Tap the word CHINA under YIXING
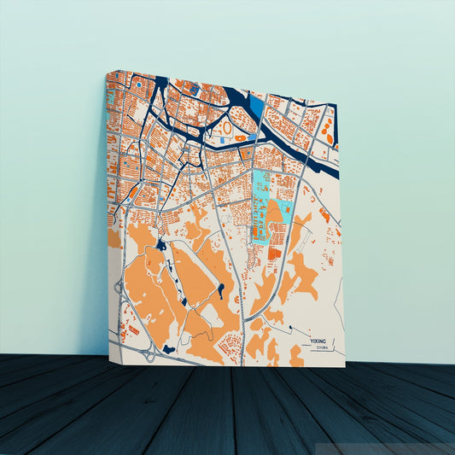322,348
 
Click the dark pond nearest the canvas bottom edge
169,348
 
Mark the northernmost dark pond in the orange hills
160,246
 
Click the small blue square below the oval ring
224,138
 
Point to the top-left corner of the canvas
107,73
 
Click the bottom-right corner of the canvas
345,367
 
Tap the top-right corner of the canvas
337,104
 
